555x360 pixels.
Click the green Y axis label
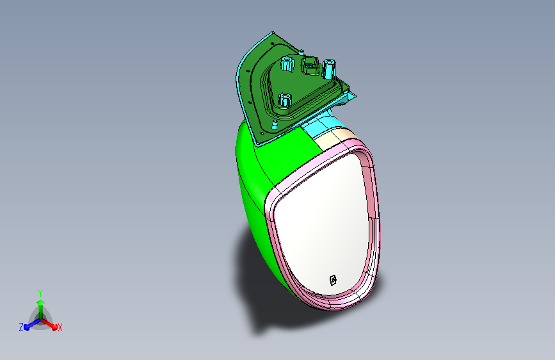pyautogui.click(x=40, y=293)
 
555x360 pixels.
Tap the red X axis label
pyautogui.click(x=60, y=328)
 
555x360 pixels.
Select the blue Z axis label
pyautogui.click(x=21, y=327)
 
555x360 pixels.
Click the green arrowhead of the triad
pyautogui.click(x=41, y=303)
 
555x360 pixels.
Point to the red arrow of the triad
pyautogui.click(x=49, y=323)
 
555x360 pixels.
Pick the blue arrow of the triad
pyautogui.click(x=33, y=323)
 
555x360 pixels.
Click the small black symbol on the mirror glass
pyautogui.click(x=333, y=281)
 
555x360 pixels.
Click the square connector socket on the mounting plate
pyautogui.click(x=310, y=65)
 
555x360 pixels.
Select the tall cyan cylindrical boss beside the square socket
pyautogui.click(x=328, y=69)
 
